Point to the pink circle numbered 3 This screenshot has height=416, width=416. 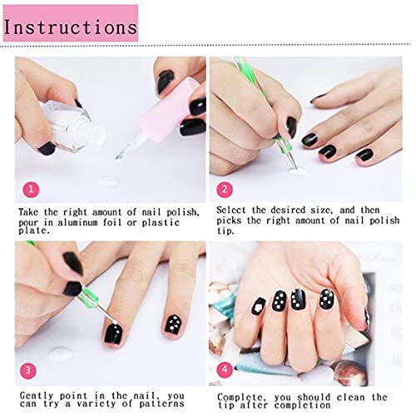coord(31,369)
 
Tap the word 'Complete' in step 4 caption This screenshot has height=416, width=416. coord(242,397)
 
